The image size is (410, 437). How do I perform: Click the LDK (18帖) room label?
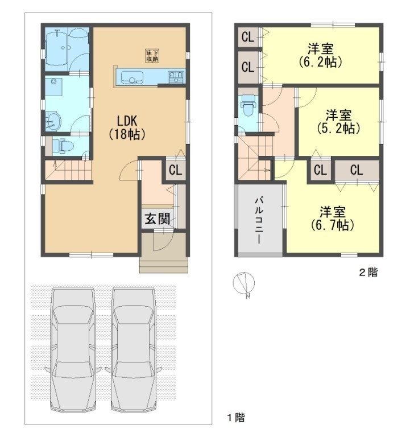127,127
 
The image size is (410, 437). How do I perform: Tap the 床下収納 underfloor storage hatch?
152,55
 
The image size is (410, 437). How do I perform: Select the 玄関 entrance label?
157,218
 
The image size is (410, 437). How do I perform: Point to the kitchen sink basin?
132,77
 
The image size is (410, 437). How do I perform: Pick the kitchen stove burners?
176,77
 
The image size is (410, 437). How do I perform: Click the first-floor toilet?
63,146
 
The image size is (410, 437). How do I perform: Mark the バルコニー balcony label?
259,220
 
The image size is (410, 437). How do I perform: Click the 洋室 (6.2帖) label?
320,55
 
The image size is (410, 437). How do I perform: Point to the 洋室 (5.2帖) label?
338,122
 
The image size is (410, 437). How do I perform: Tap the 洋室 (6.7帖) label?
332,218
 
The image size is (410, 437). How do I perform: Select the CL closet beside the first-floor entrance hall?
176,170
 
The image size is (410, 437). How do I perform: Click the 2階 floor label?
368,272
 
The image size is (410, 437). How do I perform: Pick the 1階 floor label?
236,417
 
